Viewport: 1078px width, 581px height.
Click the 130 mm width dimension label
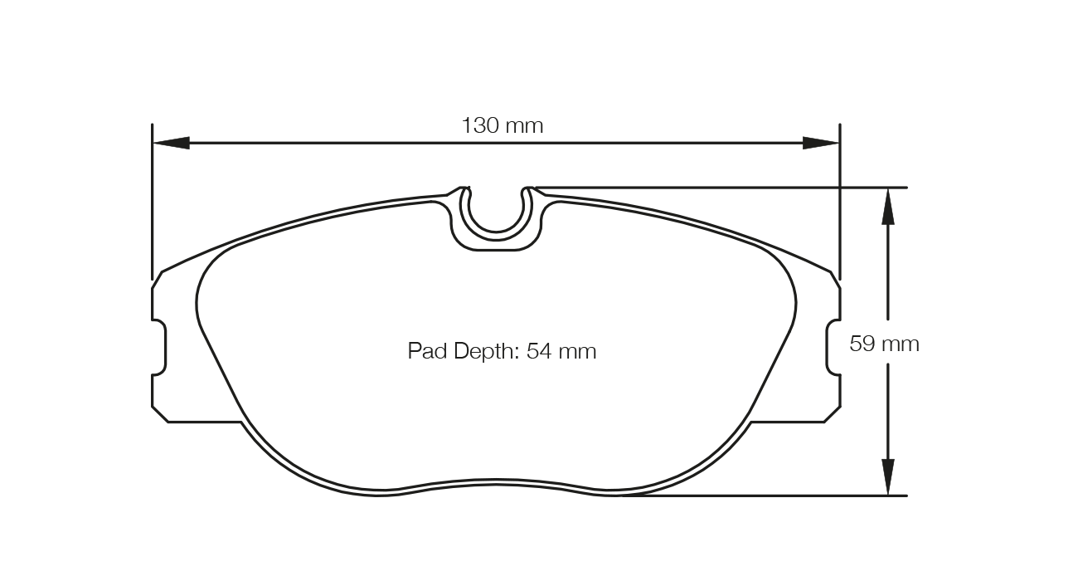502,126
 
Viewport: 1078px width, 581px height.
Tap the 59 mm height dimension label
884,344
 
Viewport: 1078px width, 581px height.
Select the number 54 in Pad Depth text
539,351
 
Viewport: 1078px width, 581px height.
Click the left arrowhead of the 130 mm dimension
171,143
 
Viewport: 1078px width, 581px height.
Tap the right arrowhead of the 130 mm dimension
821,143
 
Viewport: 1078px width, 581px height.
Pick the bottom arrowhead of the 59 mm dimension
887,477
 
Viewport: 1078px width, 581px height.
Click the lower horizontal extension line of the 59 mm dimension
763,496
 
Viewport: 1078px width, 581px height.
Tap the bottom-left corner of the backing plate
168,422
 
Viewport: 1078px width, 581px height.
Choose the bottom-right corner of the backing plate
824,422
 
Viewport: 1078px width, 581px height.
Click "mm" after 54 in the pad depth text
577,351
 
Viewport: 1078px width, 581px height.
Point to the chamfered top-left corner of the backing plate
158,280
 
